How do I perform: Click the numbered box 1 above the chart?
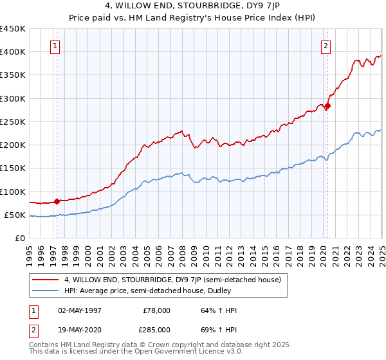click(55, 46)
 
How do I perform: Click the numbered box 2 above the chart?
click(326, 46)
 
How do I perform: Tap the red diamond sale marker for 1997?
click(57, 201)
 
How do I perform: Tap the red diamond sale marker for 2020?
click(327, 105)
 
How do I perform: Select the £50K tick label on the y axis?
click(15, 215)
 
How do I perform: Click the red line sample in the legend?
click(46, 280)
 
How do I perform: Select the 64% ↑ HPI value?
click(215, 310)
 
